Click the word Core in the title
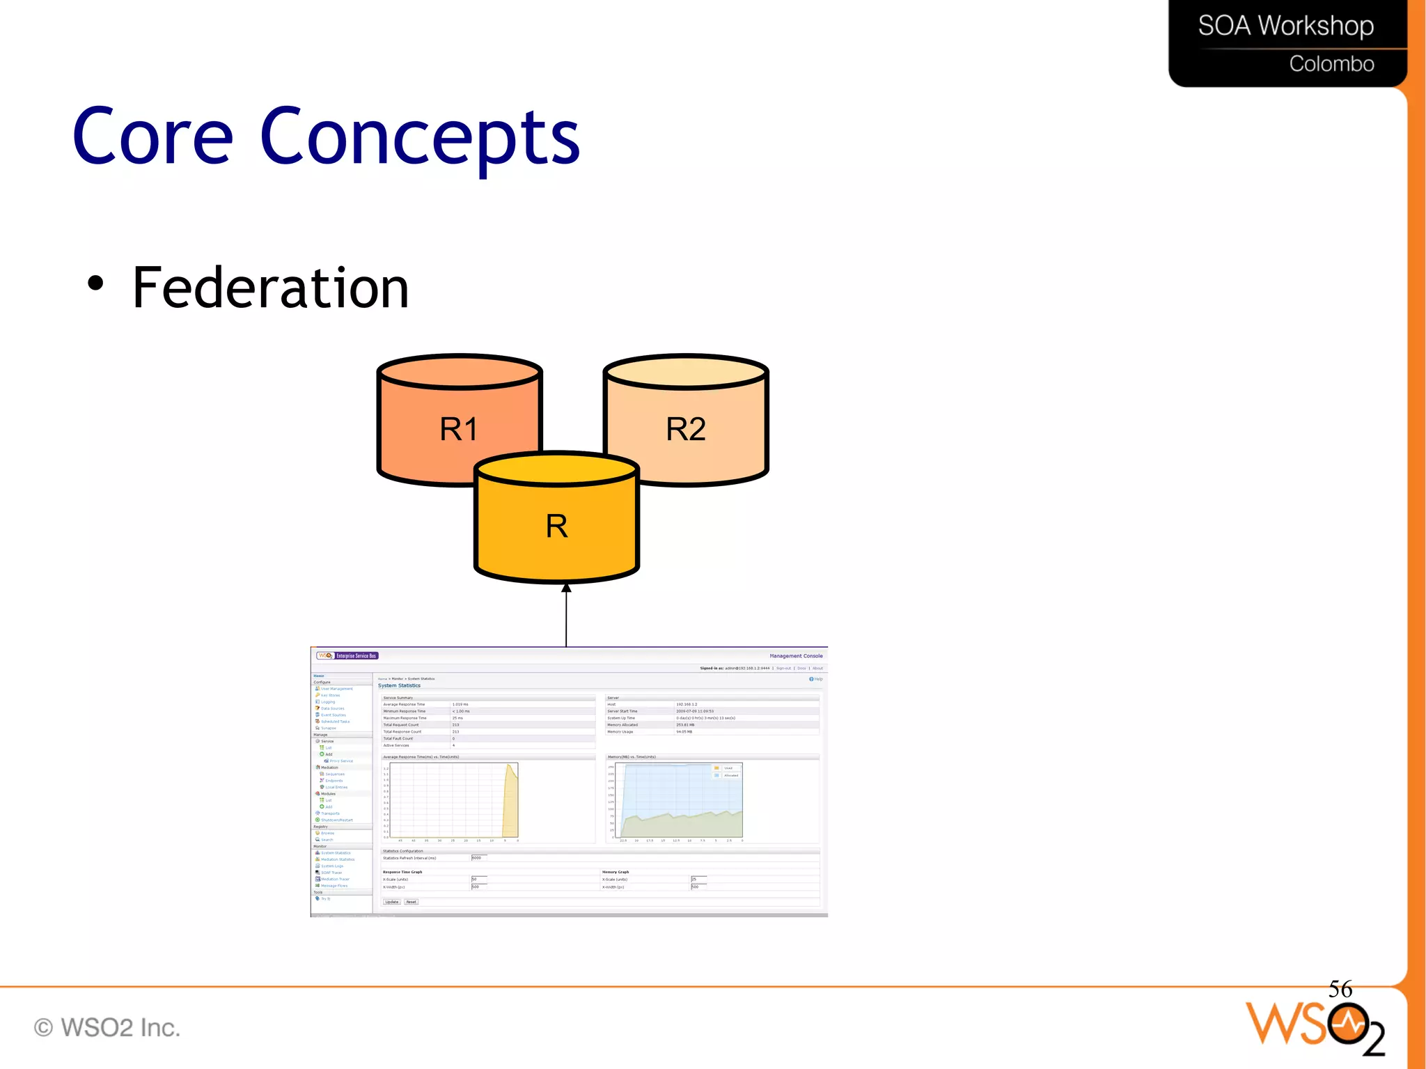pyautogui.click(x=153, y=137)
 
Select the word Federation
pyautogui.click(x=270, y=288)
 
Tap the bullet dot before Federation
pyautogui.click(x=95, y=283)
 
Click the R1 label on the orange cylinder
pyautogui.click(x=459, y=429)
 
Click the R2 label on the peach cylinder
pyautogui.click(x=686, y=429)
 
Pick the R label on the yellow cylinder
pyautogui.click(x=556, y=526)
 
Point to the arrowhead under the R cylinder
pyautogui.click(x=566, y=588)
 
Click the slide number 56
pyautogui.click(x=1340, y=989)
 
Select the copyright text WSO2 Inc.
pyautogui.click(x=108, y=1027)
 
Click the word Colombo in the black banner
pyautogui.click(x=1331, y=64)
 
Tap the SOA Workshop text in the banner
pyautogui.click(x=1285, y=26)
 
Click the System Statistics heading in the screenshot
pyautogui.click(x=399, y=685)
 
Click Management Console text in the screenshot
pyautogui.click(x=796, y=656)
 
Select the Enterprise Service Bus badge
pyautogui.click(x=356, y=655)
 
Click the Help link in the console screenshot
pyautogui.click(x=817, y=679)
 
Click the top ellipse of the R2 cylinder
pyautogui.click(x=686, y=371)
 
